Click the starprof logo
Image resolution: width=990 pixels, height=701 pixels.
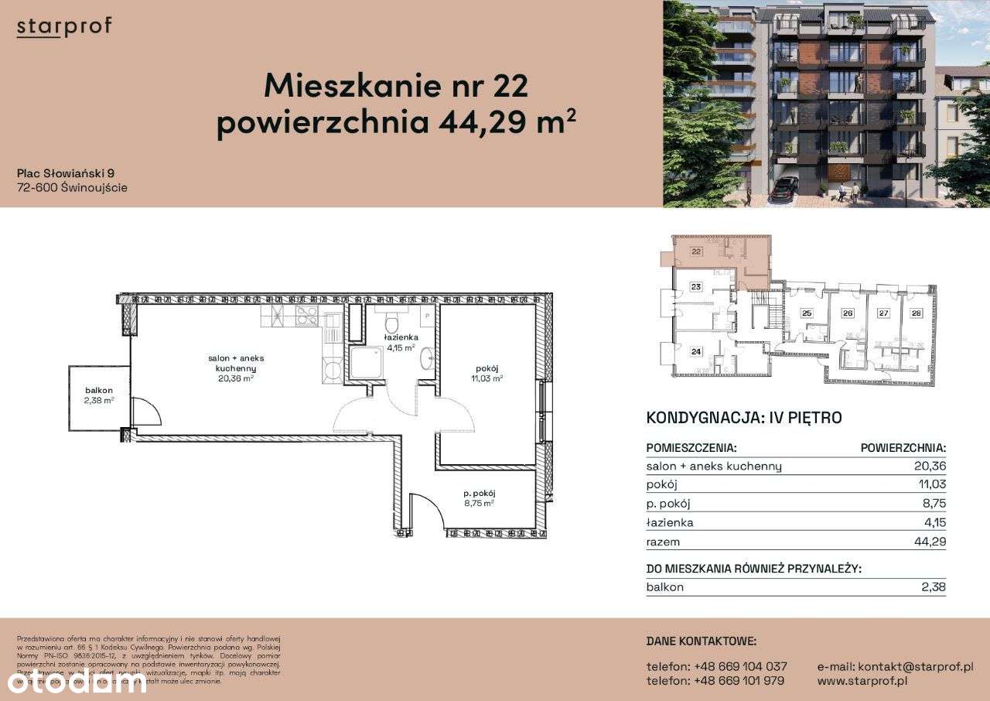[x=64, y=26]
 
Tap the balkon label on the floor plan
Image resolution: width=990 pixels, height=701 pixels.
[x=100, y=391]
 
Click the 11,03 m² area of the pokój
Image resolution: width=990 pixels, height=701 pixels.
[x=487, y=378]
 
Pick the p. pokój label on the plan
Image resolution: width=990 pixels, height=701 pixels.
[x=479, y=493]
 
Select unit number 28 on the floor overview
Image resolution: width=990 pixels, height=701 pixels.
[x=916, y=313]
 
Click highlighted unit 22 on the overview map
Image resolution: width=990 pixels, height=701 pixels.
[x=696, y=251]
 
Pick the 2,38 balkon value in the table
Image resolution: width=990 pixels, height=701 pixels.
[x=934, y=586]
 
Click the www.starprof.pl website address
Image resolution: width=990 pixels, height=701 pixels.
[x=862, y=681]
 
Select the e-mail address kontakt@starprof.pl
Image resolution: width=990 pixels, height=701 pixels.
[x=895, y=666]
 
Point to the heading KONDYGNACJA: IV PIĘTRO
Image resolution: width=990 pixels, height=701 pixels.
[x=743, y=418]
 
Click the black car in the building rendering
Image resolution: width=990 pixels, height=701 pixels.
[x=783, y=186]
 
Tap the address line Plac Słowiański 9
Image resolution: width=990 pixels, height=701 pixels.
[x=66, y=173]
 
